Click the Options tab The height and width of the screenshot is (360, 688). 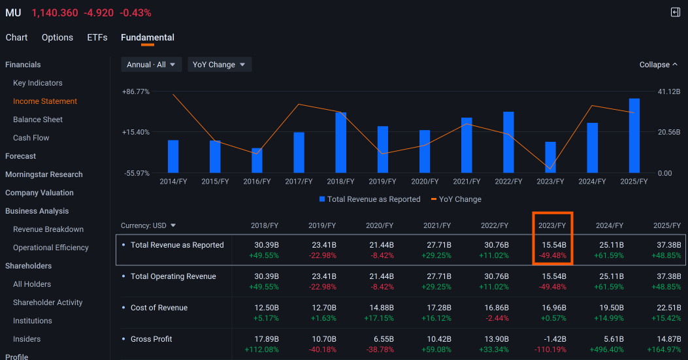57,38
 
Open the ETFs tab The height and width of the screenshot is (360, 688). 97,38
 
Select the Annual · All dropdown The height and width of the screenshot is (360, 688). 152,65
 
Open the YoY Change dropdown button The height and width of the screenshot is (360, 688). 220,65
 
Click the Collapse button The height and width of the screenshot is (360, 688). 658,65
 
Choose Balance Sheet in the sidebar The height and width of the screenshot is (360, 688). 38,120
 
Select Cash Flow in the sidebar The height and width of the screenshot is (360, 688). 31,138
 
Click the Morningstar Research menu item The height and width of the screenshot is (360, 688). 44,174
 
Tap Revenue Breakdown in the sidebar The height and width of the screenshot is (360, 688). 48,229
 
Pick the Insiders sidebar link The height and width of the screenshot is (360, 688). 27,339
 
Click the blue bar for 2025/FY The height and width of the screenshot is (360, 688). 634,136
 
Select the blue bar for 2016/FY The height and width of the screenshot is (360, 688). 257,161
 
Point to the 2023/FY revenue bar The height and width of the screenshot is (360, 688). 550,157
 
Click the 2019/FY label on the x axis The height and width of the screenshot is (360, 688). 382,182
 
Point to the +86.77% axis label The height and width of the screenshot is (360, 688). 136,91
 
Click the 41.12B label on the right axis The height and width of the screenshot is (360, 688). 668,91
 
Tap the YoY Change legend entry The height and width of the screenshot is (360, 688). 456,199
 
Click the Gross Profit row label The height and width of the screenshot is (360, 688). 152,339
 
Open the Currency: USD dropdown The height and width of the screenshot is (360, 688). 148,225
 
